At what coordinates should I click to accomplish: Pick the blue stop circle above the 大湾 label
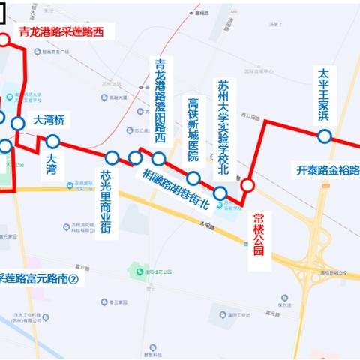coord(52,141)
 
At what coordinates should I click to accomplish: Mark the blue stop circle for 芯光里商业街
coord(112,157)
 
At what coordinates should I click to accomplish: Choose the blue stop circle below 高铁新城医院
coord(193,178)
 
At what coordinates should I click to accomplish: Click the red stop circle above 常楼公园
coord(247,184)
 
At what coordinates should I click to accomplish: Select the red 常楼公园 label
coord(259,232)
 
